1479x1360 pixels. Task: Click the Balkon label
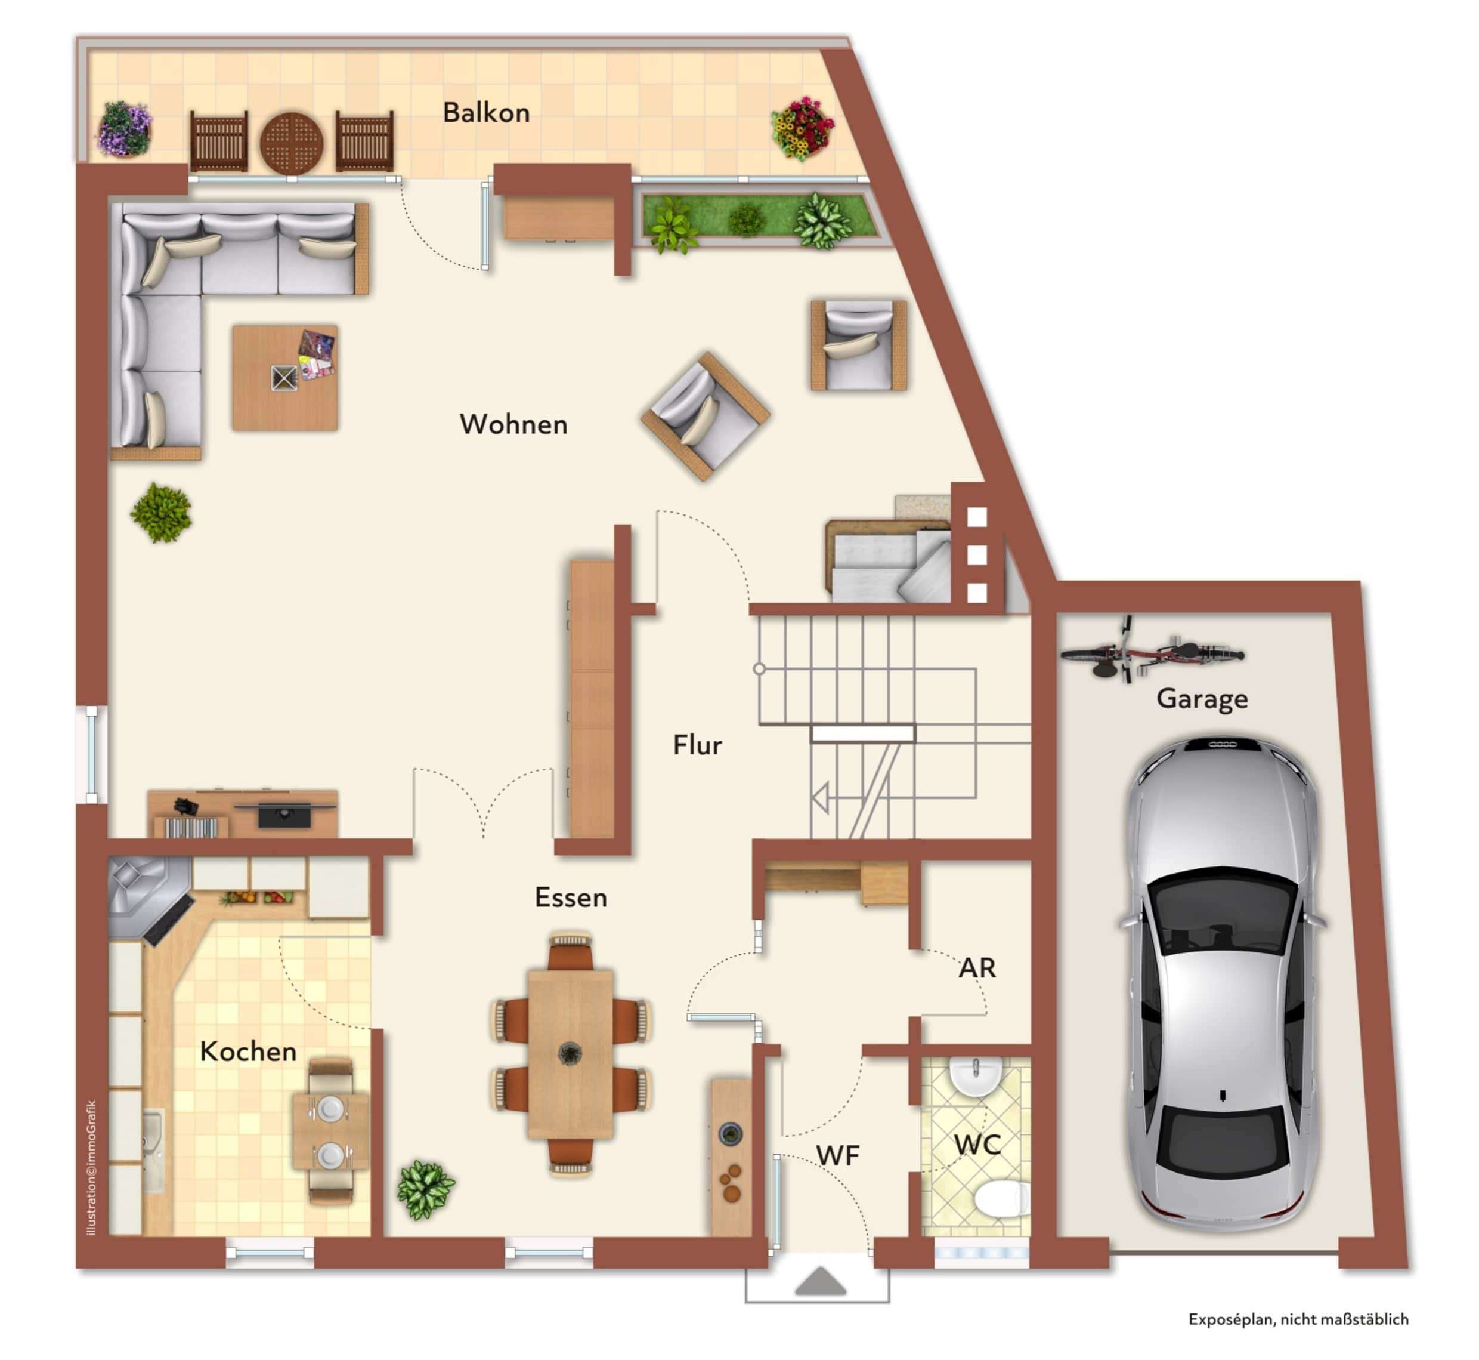pyautogui.click(x=486, y=113)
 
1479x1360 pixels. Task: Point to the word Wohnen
pyautogui.click(x=513, y=425)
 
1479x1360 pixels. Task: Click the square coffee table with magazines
pyautogui.click(x=285, y=378)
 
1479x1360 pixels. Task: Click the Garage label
pyautogui.click(x=1202, y=698)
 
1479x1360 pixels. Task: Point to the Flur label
pyautogui.click(x=697, y=745)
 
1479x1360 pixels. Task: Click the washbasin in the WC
pyautogui.click(x=975, y=1075)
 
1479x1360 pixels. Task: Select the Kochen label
pyautogui.click(x=249, y=1051)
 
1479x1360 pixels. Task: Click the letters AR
pyautogui.click(x=977, y=969)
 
